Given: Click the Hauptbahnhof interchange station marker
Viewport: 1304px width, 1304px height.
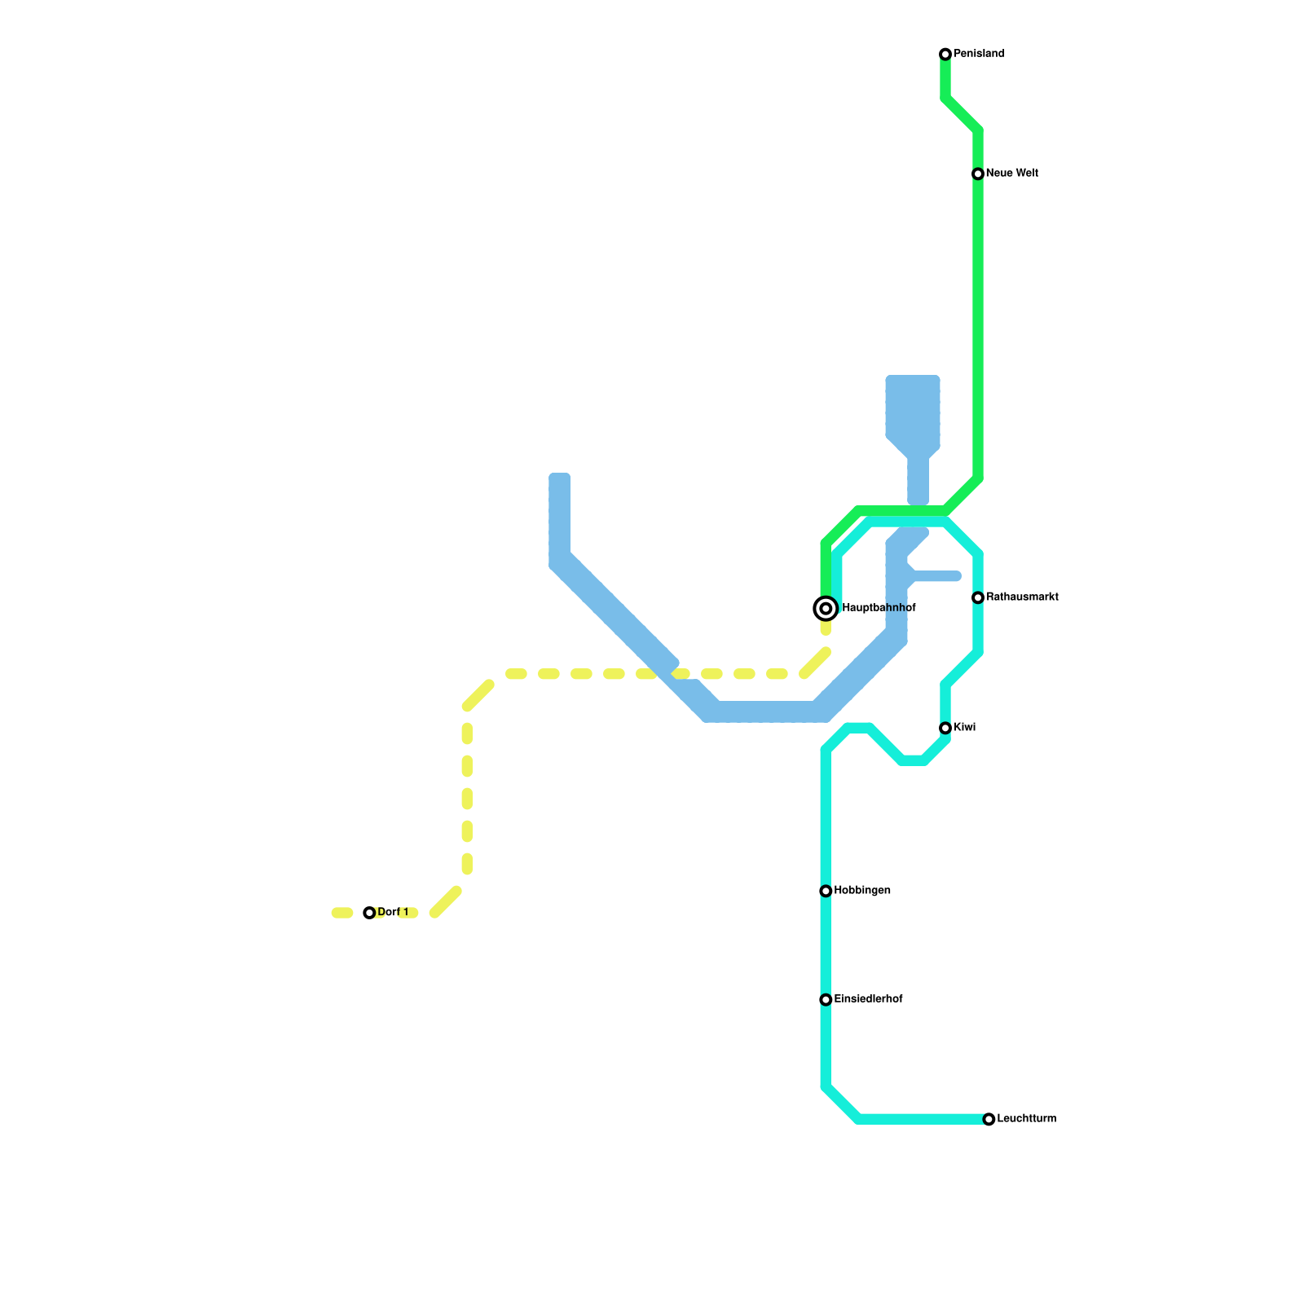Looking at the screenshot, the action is (826, 608).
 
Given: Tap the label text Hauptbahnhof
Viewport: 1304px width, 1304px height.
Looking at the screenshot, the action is (879, 608).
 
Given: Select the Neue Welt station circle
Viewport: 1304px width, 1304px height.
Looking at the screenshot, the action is (978, 174).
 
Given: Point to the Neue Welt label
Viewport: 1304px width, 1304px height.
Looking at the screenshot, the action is (1011, 174).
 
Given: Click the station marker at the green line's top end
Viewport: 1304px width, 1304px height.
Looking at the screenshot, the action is (945, 54).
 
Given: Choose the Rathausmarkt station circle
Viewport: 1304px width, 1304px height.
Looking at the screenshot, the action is (978, 597).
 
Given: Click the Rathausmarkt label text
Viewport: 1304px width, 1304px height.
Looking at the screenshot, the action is (1022, 597).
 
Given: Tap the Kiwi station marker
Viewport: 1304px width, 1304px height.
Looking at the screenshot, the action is (945, 728).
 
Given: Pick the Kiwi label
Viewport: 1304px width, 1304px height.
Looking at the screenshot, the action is (964, 728).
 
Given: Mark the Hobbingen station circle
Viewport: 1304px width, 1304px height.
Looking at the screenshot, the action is (826, 891).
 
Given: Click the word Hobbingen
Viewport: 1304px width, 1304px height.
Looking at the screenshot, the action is (862, 891).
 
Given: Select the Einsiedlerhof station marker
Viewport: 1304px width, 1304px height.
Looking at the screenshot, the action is (826, 999).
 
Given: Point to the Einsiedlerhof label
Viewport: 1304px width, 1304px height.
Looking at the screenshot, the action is (868, 999).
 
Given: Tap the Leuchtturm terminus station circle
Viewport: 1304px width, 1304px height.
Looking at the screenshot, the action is (989, 1119).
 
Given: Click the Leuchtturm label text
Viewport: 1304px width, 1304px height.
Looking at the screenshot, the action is (1026, 1119).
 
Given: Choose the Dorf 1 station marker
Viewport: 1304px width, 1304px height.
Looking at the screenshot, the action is (369, 913).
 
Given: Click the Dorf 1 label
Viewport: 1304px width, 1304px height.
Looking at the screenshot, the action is (393, 912).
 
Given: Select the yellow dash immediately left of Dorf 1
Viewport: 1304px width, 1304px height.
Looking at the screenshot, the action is (342, 913).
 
